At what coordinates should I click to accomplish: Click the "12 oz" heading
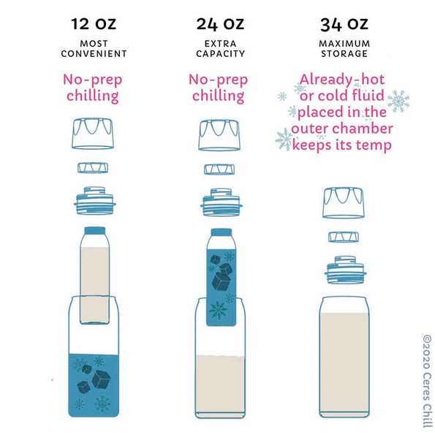94,24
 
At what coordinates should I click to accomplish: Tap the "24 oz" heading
220,24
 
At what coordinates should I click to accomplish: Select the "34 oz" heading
344,24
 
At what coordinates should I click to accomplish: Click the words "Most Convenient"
94,48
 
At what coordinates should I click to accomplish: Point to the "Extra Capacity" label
221,48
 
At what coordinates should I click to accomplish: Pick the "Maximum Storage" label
344,48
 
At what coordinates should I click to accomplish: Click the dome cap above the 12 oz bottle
93,134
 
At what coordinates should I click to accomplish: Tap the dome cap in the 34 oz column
344,203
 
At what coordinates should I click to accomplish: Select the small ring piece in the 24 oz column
219,169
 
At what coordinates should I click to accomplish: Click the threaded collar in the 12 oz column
94,201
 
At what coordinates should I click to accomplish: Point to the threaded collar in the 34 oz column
345,270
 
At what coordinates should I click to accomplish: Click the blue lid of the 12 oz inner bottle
95,231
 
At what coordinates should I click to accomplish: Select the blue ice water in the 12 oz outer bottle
94,385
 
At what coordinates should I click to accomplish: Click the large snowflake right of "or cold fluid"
398,101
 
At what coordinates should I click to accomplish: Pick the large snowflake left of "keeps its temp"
284,139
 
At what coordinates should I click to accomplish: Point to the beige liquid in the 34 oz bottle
344,363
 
